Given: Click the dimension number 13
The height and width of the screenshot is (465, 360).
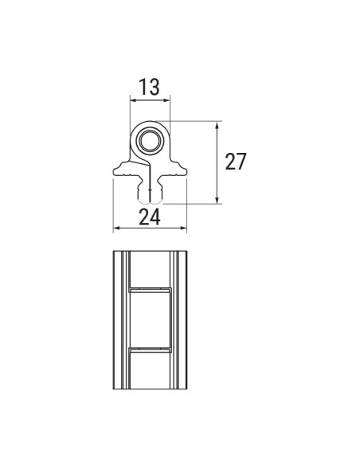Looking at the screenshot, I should (x=150, y=88).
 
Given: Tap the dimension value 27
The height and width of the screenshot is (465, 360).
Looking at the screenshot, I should (x=235, y=162).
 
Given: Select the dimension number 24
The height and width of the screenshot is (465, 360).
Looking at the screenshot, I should (x=150, y=216).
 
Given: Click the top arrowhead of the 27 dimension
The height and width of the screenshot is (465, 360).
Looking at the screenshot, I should (x=218, y=125).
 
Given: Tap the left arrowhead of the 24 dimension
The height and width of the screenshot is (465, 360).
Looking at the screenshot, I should (x=117, y=229).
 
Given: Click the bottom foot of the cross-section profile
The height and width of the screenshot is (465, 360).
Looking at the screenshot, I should (x=149, y=195).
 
